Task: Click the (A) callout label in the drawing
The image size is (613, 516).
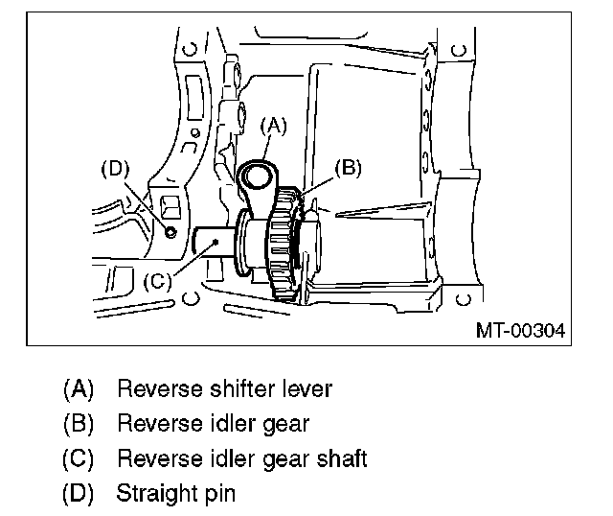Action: click(x=274, y=124)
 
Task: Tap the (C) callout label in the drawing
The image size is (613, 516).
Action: click(x=158, y=282)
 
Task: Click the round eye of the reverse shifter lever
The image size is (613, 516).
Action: click(x=259, y=175)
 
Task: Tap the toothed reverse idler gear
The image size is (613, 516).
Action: click(x=284, y=249)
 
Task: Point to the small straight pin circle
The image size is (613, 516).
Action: click(x=170, y=230)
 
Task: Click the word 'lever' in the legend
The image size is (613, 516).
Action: click(x=301, y=389)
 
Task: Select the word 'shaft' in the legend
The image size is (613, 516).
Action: click(x=342, y=458)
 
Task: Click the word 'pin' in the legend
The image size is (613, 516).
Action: click(x=219, y=494)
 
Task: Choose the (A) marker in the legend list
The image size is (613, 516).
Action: click(x=78, y=389)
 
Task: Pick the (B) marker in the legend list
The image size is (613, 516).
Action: click(x=78, y=424)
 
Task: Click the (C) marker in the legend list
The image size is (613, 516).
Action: click(x=78, y=458)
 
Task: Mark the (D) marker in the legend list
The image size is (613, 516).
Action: click(x=78, y=494)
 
